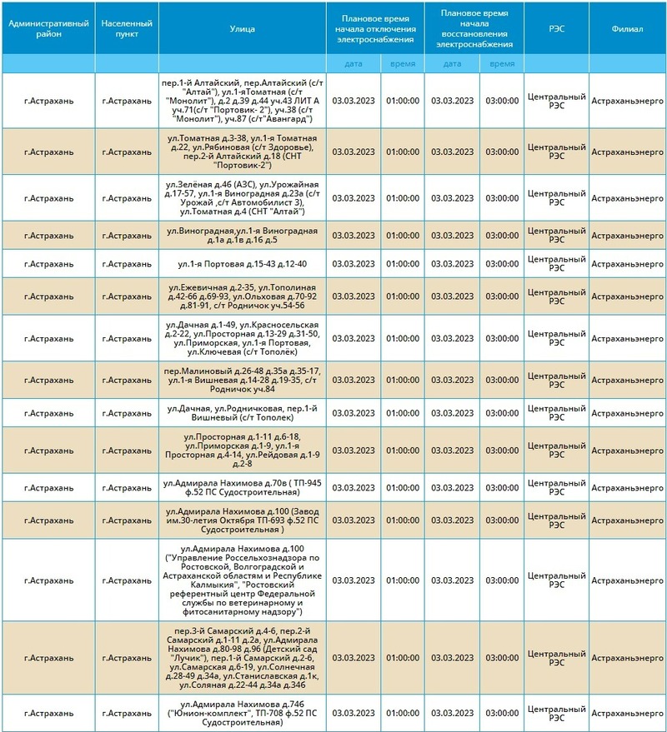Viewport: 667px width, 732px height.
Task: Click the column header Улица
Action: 242,28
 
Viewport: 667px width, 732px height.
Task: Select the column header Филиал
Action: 627,28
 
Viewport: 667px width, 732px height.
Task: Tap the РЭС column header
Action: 556,28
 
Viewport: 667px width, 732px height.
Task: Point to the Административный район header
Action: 48,28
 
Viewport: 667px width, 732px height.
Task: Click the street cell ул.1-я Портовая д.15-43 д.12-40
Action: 242,264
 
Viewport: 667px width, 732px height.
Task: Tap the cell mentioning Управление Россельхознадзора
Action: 242,580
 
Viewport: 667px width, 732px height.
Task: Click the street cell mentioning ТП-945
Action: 242,486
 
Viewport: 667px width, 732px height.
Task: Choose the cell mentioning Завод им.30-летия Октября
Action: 242,520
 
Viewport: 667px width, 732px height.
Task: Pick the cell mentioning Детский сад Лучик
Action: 242,657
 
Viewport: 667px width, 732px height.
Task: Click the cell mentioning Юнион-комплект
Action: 242,713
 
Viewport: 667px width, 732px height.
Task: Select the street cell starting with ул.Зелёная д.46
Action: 242,197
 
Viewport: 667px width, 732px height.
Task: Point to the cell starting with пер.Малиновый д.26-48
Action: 242,381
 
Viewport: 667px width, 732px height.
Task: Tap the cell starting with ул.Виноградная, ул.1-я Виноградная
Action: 242,235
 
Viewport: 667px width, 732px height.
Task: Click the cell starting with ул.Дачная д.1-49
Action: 242,338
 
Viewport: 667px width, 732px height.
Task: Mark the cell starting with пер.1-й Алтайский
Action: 242,101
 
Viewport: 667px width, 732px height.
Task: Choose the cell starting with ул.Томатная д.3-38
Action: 242,152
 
